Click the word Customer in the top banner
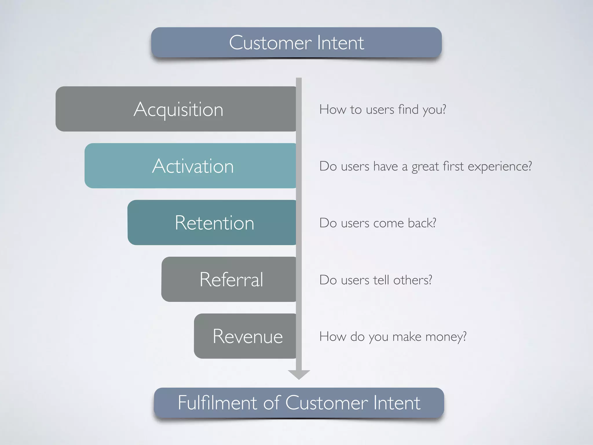(270, 43)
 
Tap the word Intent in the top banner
(340, 43)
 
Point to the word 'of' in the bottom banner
(272, 403)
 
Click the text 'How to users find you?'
(382, 110)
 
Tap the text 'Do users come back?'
(378, 223)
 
